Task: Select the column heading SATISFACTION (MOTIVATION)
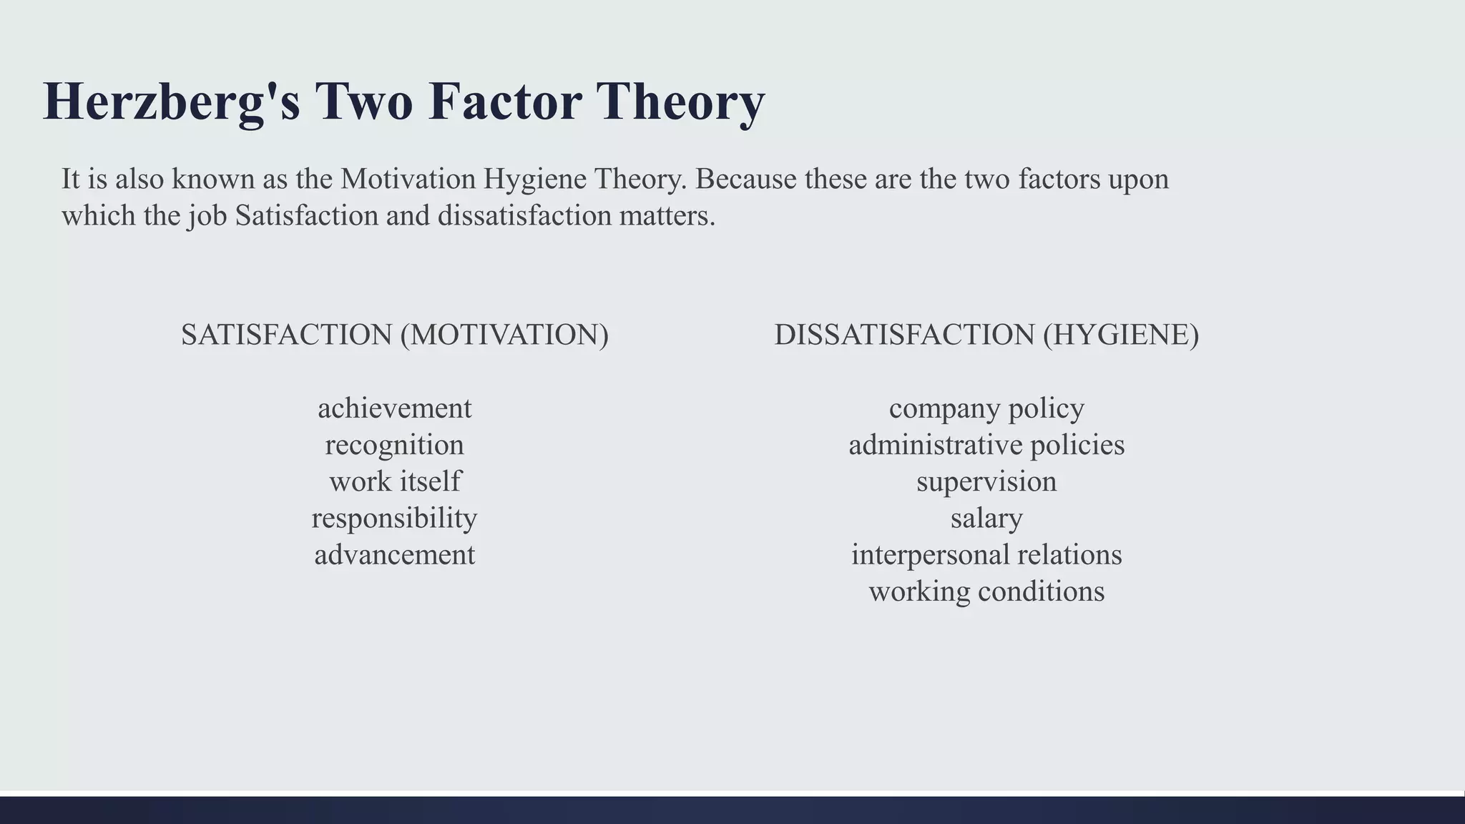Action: pos(395,335)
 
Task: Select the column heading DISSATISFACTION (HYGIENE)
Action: pos(986,335)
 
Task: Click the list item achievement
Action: pos(395,408)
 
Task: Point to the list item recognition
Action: pos(395,445)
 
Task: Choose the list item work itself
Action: pos(395,481)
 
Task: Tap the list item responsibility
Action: pos(395,518)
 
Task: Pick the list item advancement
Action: pos(395,554)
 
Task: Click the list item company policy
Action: pos(986,408)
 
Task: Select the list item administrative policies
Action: pos(986,445)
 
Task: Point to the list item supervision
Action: pos(986,481)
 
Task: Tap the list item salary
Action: pos(986,518)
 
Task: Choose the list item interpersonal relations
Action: pos(986,554)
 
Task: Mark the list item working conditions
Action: pos(986,592)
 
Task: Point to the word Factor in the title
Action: pos(505,102)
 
